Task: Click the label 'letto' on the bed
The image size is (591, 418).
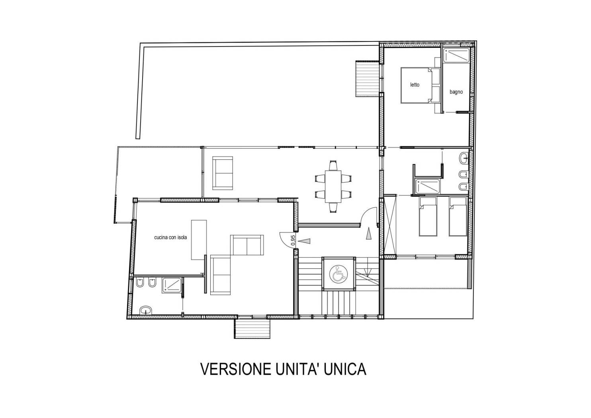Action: pyautogui.click(x=415, y=85)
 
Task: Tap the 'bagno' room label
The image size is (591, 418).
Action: pyautogui.click(x=456, y=92)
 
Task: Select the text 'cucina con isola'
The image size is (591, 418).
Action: pyautogui.click(x=170, y=237)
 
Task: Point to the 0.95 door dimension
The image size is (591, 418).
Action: pyautogui.click(x=293, y=240)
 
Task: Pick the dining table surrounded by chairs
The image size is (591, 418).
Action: pyautogui.click(x=333, y=186)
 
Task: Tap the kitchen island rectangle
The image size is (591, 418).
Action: pyautogui.click(x=199, y=240)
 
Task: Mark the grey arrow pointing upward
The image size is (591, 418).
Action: pyautogui.click(x=369, y=234)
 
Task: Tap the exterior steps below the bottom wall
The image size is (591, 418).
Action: pyautogui.click(x=252, y=329)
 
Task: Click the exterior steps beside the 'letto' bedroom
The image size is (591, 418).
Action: pyautogui.click(x=368, y=79)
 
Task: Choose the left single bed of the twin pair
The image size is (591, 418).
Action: pyautogui.click(x=428, y=216)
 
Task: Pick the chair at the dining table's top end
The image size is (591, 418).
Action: pyautogui.click(x=333, y=165)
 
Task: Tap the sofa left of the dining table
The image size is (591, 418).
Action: pyautogui.click(x=223, y=173)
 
